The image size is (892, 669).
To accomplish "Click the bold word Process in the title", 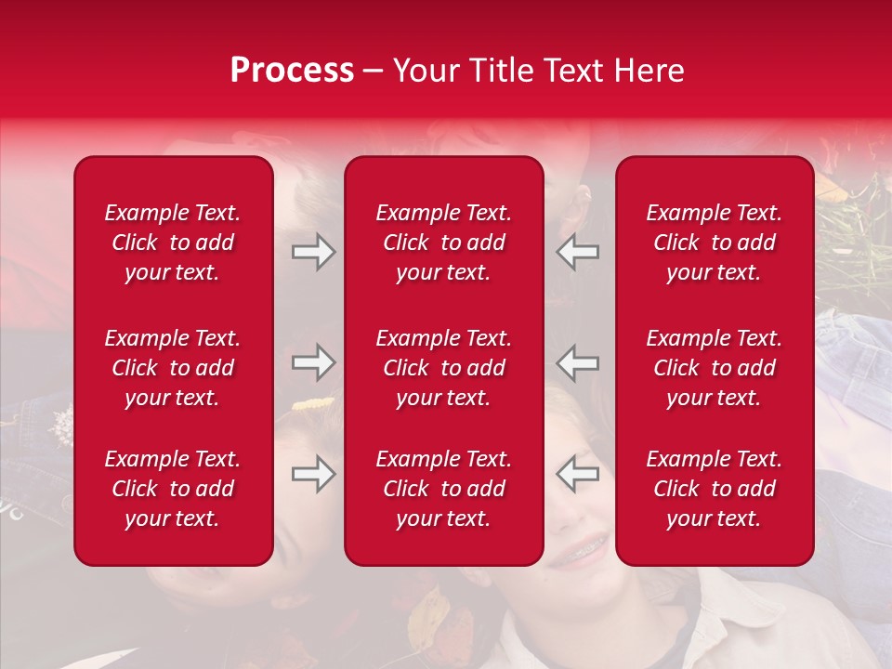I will coord(292,71).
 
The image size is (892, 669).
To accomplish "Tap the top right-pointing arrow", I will coord(313,253).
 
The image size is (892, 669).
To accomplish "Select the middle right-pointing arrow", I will coord(313,362).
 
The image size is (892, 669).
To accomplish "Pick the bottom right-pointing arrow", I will coord(313,474).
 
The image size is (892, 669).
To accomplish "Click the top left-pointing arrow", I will coord(578,253).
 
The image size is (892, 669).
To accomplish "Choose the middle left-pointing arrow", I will coord(578,362).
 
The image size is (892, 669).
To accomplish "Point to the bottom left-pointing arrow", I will coord(578,474).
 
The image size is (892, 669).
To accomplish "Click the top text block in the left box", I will coord(173,243).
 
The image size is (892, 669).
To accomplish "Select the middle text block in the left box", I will coord(173,368).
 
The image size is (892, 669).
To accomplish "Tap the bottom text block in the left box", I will coord(173,489).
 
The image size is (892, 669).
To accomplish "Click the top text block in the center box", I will coord(443,243).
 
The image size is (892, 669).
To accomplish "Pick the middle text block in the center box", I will coord(443,368).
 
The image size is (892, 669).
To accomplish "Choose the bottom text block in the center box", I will coord(443,489).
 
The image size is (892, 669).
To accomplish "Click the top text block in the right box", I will coord(715,243).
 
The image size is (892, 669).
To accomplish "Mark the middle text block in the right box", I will coord(715,368).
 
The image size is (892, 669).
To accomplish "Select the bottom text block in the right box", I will coord(715,489).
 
